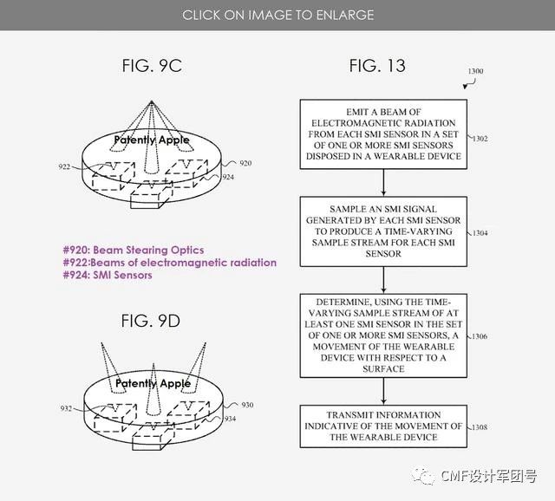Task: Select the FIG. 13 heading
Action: pos(376,65)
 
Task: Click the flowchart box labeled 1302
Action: pos(383,134)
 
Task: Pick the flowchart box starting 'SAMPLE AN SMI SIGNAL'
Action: pos(383,231)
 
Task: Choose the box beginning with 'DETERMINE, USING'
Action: pos(383,335)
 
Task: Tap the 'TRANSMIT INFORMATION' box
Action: pos(383,426)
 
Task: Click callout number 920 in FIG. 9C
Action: pos(245,163)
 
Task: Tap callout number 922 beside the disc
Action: pos(65,167)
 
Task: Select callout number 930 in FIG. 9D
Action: pos(246,405)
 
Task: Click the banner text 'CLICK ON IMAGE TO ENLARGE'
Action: pos(277,15)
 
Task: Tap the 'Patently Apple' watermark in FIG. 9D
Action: pos(152,383)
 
